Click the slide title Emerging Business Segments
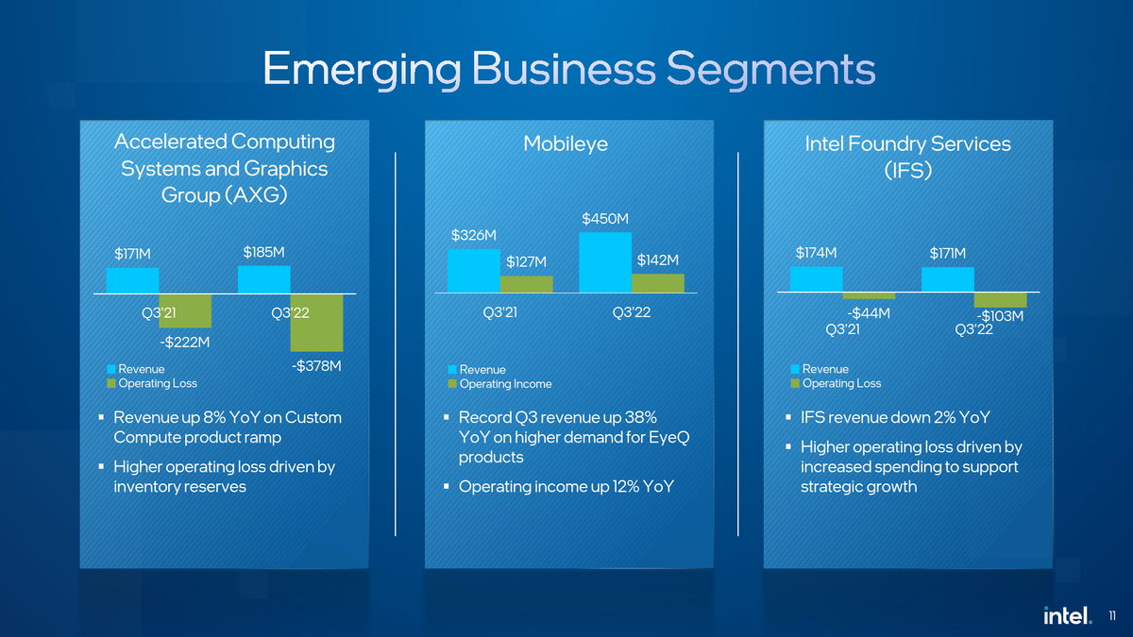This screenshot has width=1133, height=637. [568, 69]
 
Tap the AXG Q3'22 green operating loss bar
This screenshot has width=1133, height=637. [316, 323]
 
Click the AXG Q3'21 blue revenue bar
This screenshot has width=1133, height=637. [132, 281]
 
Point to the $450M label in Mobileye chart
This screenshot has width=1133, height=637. [605, 219]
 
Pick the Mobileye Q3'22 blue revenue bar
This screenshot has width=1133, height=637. [605, 263]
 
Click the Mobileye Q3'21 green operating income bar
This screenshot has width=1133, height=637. [526, 284]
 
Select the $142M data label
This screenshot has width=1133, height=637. [658, 260]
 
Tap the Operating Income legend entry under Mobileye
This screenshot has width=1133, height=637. [505, 384]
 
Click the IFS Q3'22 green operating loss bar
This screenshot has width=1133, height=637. [1000, 300]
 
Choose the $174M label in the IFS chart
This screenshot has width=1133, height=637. [817, 253]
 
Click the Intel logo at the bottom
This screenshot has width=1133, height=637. [1067, 615]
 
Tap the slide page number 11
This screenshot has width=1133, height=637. [1110, 616]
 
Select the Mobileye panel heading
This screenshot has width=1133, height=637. [566, 143]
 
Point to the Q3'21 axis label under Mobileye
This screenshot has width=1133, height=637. [499, 313]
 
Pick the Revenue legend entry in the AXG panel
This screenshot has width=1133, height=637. [141, 369]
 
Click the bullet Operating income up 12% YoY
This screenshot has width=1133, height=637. [566, 487]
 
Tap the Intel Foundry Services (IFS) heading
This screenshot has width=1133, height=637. [907, 157]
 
